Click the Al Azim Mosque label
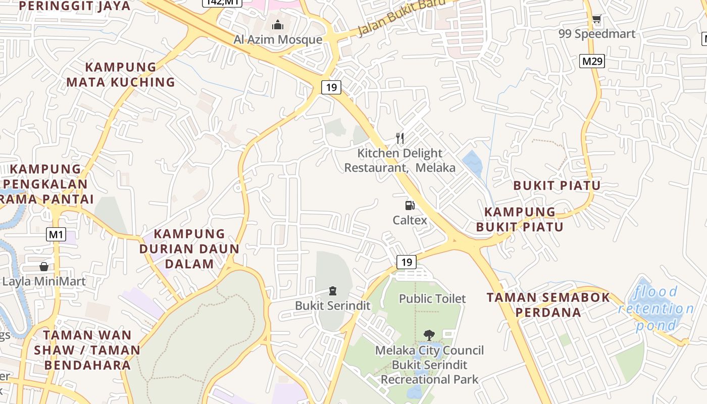tap(277, 39)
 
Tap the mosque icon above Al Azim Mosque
tap(277, 25)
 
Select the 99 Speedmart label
tap(596, 34)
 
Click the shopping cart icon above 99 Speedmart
tap(596, 20)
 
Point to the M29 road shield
tap(592, 62)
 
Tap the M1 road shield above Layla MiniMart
tap(57, 234)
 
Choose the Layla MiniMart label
tap(44, 281)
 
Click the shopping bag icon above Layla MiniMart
tap(44, 267)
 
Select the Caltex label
tap(410, 220)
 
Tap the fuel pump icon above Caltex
tap(410, 206)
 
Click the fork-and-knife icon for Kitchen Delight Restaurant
tap(400, 138)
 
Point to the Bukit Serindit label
tap(332, 306)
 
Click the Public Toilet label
tap(432, 299)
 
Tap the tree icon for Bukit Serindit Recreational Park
tap(429, 334)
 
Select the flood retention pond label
tap(656, 308)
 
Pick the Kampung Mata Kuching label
tap(121, 74)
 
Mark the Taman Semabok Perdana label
tap(548, 305)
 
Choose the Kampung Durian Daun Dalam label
tap(189, 248)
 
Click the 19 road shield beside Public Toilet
tap(407, 262)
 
